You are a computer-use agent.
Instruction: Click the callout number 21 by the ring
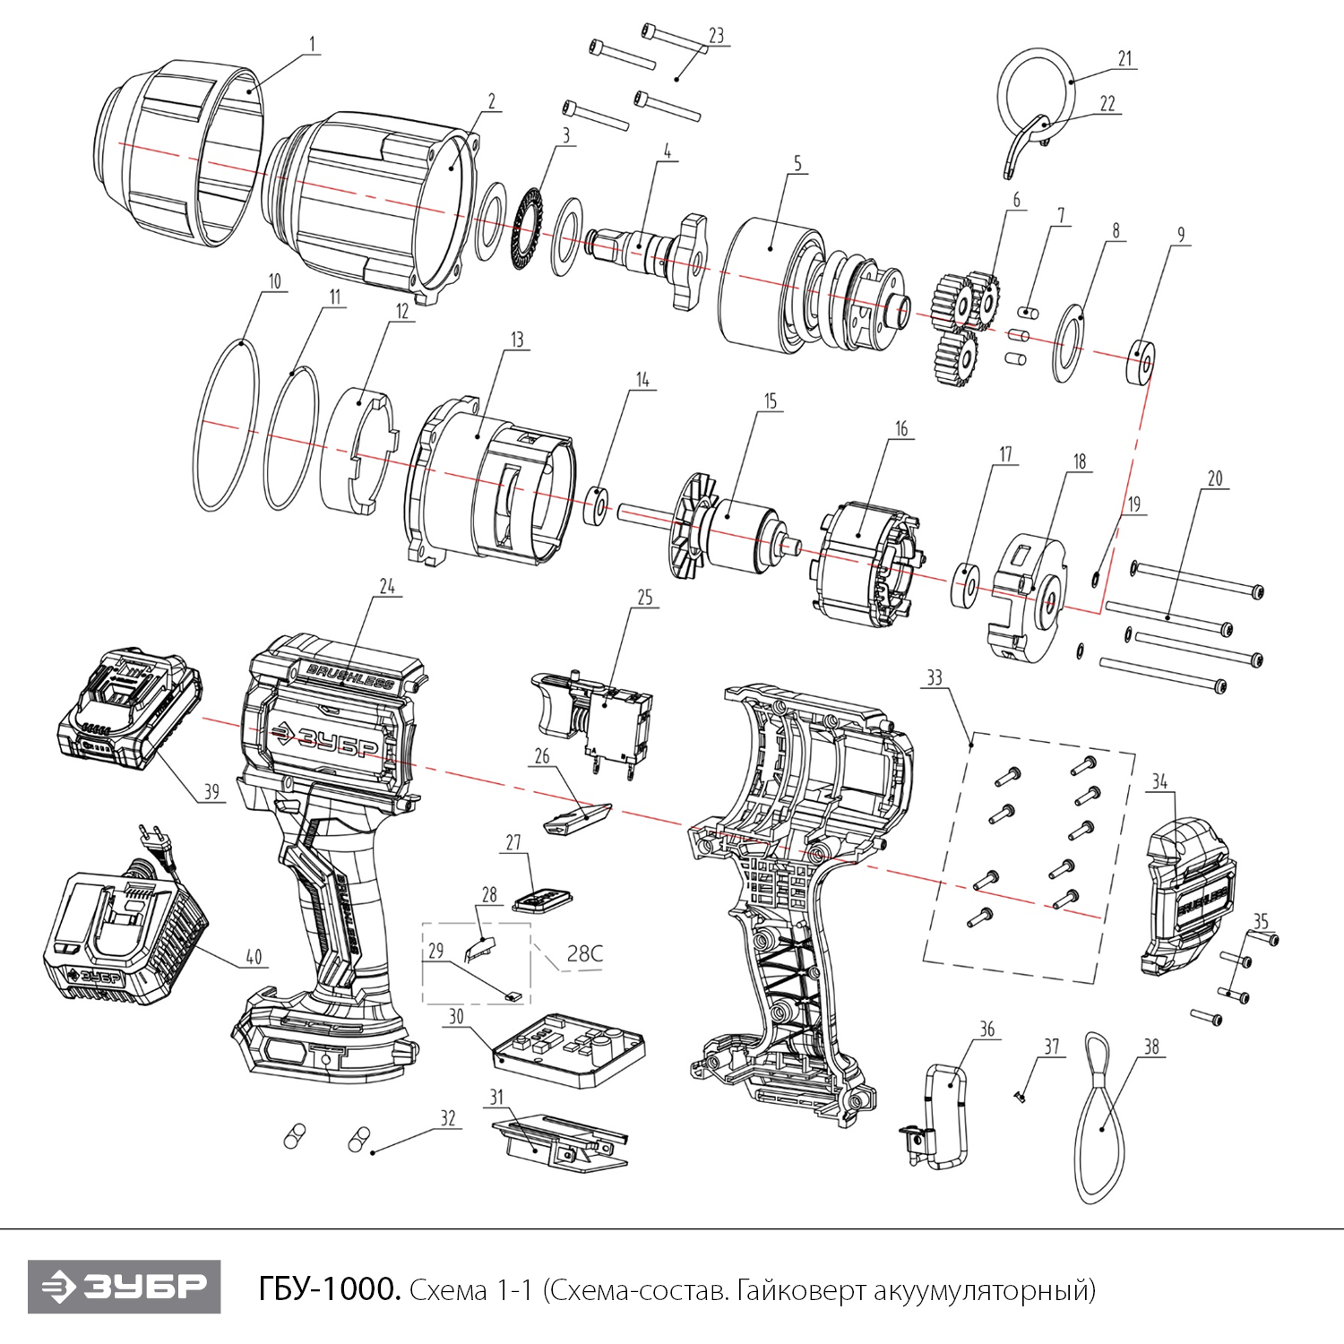(1125, 59)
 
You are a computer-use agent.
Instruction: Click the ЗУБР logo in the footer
(124, 1287)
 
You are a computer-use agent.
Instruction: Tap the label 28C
(584, 952)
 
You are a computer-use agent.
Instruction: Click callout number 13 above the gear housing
(517, 340)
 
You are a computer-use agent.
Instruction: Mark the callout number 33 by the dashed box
(935, 677)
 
